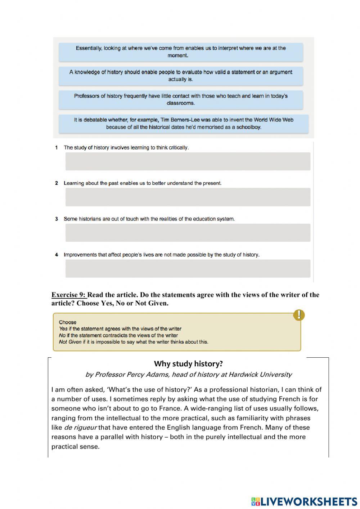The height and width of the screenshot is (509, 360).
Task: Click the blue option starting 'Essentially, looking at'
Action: [181, 52]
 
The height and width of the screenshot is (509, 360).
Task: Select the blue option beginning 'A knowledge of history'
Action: [181, 76]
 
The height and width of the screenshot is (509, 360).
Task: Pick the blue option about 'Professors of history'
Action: [181, 99]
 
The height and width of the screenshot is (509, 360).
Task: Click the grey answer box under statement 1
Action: [188, 161]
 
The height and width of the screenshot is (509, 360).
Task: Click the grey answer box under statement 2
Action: [188, 197]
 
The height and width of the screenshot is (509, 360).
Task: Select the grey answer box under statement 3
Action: [188, 233]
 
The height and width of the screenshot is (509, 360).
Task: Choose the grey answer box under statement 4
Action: [188, 268]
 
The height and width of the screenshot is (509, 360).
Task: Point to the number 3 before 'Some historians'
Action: [57, 219]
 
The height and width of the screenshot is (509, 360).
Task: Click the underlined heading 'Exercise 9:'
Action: [69, 295]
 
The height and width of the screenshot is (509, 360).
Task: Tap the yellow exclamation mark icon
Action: [299, 315]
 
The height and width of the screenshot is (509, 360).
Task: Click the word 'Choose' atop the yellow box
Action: [68, 322]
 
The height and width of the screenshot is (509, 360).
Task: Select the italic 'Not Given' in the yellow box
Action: [70, 342]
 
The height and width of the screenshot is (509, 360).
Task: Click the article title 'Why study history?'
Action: [188, 364]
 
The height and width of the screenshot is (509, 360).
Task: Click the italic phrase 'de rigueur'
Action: [80, 428]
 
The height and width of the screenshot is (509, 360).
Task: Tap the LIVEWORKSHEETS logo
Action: [304, 501]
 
